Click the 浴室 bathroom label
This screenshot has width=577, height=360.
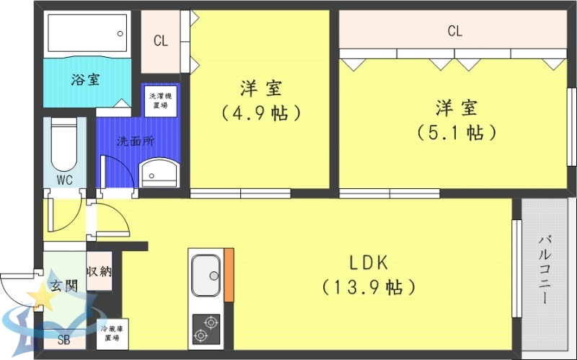85,79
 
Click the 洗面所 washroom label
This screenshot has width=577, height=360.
136,141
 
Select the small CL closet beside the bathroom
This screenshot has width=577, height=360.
160,41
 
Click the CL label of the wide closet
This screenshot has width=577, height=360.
454,31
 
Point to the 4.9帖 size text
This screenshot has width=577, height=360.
261,113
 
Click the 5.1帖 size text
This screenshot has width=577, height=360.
456,133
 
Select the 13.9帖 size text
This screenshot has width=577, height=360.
369,287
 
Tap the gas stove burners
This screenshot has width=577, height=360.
206,329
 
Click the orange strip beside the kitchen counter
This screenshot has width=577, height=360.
229,275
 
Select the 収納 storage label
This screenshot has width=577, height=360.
99,272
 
